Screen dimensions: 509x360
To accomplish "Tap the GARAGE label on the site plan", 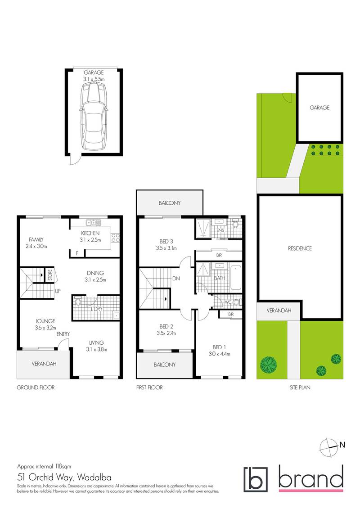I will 319,108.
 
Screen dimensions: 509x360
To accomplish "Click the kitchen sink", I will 94,222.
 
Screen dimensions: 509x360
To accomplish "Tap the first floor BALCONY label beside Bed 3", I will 169,203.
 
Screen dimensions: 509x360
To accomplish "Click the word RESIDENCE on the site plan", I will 300,248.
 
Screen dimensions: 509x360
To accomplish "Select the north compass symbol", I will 328,446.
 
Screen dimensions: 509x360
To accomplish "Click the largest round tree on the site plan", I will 269,362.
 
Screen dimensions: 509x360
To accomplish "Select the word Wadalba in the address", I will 94,477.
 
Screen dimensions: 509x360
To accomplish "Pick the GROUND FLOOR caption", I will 36,387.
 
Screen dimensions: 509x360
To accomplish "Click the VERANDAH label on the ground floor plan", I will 44,364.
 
